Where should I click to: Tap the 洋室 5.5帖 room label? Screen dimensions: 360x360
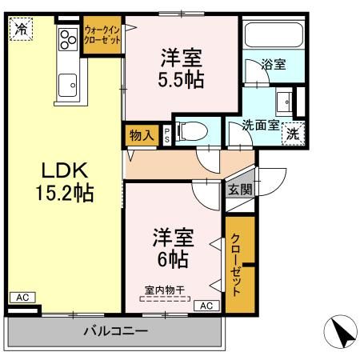point(180,69)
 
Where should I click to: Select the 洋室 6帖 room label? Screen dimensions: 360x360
point(172,248)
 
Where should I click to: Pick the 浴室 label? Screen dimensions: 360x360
point(274,65)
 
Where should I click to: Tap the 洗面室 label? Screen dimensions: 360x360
point(261,125)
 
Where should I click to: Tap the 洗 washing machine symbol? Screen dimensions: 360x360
point(294,133)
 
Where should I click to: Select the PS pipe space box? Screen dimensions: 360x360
point(166,134)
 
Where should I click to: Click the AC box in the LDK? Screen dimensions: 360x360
point(22,298)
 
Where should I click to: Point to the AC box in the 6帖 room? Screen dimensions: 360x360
point(205,305)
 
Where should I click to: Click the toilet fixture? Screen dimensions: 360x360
point(189,130)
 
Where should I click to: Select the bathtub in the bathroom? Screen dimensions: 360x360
point(272,38)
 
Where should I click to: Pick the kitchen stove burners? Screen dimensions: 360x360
point(66,46)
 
